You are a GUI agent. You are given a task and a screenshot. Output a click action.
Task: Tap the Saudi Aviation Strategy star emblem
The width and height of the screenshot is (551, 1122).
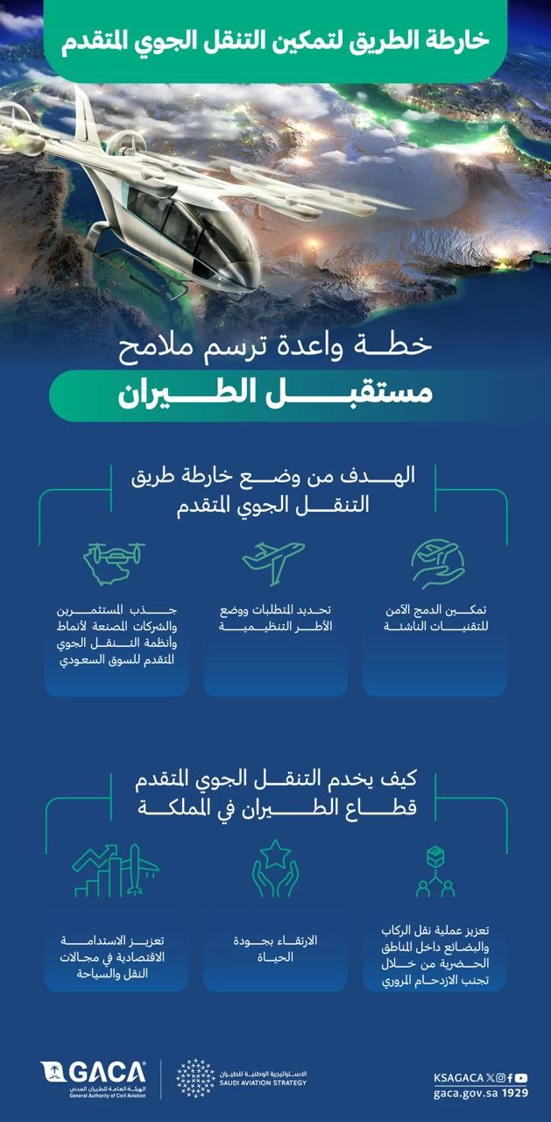(x=195, y=1077)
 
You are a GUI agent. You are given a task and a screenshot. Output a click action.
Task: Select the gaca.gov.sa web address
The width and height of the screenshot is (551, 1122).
(x=463, y=1093)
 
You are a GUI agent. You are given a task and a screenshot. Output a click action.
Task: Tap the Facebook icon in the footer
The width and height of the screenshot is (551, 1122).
(x=509, y=1077)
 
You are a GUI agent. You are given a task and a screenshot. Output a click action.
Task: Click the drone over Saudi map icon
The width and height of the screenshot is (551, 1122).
(x=114, y=563)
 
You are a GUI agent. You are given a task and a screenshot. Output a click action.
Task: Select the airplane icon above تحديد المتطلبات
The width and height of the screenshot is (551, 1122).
(x=273, y=561)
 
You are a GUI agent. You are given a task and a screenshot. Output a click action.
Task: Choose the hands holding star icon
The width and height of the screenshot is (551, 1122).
(x=275, y=868)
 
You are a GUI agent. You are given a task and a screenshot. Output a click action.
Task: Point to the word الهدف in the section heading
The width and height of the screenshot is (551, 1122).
(x=385, y=478)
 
